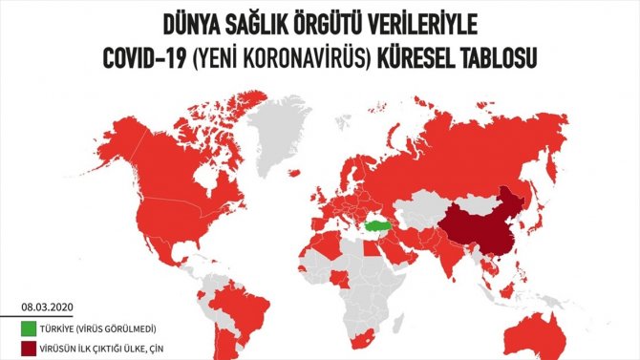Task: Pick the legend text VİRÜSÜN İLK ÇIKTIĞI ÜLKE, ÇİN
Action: click(x=105, y=348)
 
